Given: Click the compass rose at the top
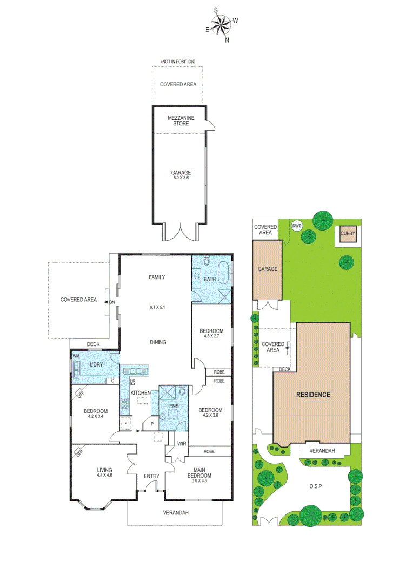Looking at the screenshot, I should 221,25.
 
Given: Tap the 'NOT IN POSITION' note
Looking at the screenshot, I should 178,62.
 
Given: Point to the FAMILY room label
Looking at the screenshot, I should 157,277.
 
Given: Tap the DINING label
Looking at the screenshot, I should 158,342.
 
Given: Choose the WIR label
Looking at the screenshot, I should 182,444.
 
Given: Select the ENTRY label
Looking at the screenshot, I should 151,476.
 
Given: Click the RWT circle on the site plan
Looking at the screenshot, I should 296,226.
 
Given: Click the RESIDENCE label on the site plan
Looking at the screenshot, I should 312,395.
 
